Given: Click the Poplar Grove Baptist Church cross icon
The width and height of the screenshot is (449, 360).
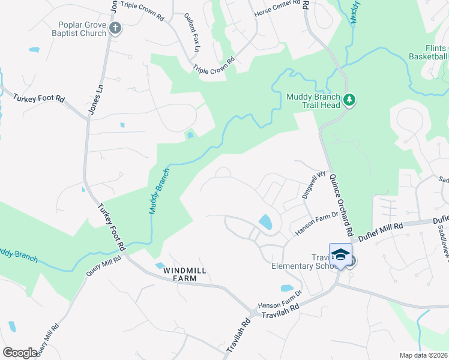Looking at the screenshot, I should click(116, 28).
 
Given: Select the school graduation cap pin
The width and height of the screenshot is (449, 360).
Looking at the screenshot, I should click(340, 255).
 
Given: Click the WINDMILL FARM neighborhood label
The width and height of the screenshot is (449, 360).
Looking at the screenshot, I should click(185, 271).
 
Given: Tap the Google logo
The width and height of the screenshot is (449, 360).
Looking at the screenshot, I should click(20, 353).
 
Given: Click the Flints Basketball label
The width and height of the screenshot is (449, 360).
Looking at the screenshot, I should click(428, 53).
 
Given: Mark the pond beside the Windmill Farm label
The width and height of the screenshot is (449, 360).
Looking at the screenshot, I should click(160, 265).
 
